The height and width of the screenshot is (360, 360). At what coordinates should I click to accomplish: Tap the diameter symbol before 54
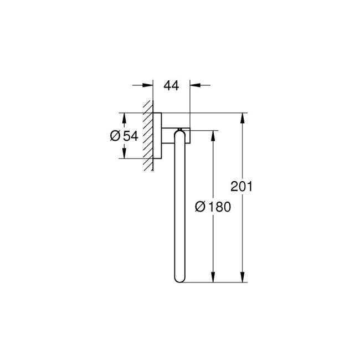[x=115, y=136]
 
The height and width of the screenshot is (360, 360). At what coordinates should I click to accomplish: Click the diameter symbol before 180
[x=201, y=207]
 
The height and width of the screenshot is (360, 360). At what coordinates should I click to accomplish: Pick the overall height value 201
[x=241, y=186]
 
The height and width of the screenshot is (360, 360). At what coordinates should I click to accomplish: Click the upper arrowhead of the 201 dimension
[x=241, y=118]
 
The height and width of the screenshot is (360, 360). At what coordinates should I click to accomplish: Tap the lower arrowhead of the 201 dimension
[x=241, y=278]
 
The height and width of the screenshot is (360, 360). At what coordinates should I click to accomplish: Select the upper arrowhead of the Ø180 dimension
[x=212, y=135]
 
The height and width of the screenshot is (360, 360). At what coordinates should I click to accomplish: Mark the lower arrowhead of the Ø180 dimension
[x=212, y=278]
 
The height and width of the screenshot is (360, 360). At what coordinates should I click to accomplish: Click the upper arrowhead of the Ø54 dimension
[x=124, y=117]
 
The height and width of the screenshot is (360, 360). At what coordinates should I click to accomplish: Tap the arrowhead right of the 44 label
[x=194, y=85]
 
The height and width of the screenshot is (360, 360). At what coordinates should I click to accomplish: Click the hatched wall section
[x=148, y=136]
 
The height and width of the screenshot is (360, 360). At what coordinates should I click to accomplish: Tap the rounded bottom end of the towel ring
[x=180, y=280]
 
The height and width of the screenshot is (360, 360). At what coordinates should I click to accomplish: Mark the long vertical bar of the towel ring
[x=180, y=210]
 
